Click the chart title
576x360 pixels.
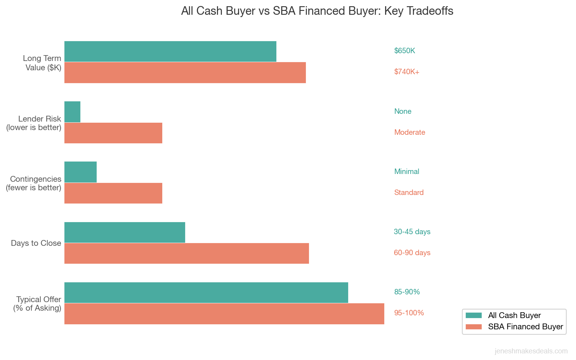click(x=317, y=11)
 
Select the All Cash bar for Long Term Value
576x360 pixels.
click(x=170, y=51)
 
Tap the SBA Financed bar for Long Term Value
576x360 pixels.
click(x=185, y=73)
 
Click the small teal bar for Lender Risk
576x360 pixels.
click(x=72, y=112)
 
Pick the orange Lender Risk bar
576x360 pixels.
click(x=113, y=133)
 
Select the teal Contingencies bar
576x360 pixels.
click(x=80, y=172)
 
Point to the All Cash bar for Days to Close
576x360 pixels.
click(x=125, y=232)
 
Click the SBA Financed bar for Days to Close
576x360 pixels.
click(x=186, y=253)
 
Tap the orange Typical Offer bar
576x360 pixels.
click(x=224, y=313)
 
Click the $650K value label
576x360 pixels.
click(x=404, y=51)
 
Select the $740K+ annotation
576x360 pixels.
click(x=406, y=72)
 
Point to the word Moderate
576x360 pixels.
click(x=409, y=132)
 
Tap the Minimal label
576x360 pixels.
click(x=406, y=172)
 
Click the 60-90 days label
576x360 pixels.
click(x=412, y=253)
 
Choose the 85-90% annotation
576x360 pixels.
click(x=407, y=292)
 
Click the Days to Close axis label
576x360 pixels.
click(x=36, y=243)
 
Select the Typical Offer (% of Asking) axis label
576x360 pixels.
click(x=38, y=304)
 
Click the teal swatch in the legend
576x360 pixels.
click(x=474, y=315)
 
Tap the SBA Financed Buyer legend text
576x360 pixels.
click(x=525, y=327)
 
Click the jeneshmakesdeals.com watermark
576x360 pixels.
click(x=531, y=351)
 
